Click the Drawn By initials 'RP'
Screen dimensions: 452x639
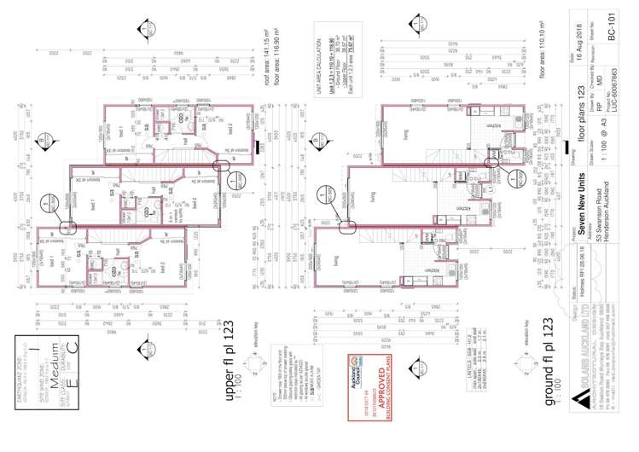click(599, 103)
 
